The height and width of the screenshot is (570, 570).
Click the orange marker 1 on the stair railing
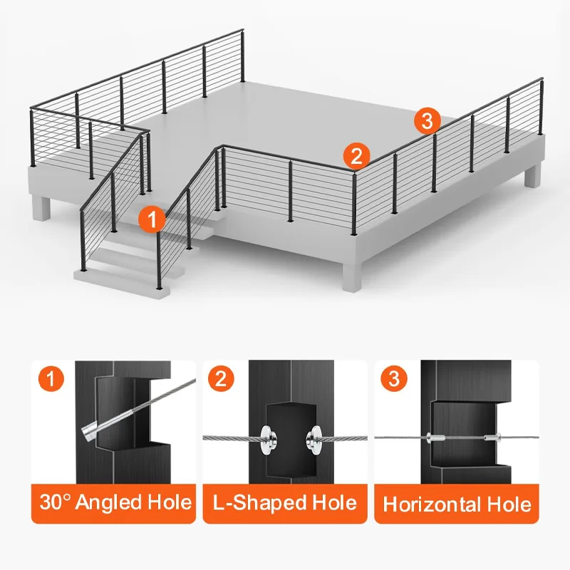pyautogui.click(x=151, y=218)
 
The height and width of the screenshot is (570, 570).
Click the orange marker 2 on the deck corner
pyautogui.click(x=356, y=155)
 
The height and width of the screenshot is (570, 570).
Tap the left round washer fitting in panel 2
pyautogui.click(x=268, y=437)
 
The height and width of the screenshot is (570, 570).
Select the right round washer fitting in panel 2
pyautogui.click(x=315, y=437)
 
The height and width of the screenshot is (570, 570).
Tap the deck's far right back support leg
pyautogui.click(x=533, y=177)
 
